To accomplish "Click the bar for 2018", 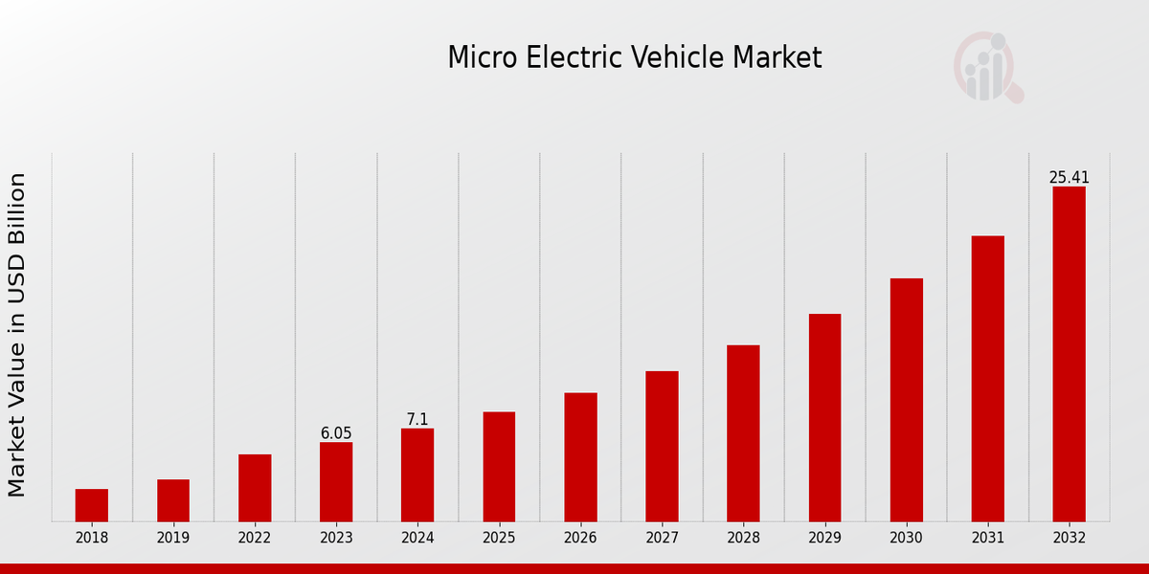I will (92, 505).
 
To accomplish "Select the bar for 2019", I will (173, 500).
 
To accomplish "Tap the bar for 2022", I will (255, 488).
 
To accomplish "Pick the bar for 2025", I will (499, 467).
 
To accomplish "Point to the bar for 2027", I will (662, 446).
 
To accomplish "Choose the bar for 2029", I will (824, 417).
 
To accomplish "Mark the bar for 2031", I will (987, 378).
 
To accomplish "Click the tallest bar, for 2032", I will (1069, 354).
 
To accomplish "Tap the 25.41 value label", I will (1069, 178).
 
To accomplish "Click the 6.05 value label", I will (336, 433).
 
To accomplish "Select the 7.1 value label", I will (417, 420).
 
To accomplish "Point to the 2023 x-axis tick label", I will (336, 538).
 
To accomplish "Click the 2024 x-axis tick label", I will (417, 538).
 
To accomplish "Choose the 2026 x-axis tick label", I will (580, 538).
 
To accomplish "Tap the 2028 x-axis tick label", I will (743, 538).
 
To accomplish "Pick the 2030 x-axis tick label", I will (906, 538).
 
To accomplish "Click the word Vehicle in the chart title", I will (684, 58).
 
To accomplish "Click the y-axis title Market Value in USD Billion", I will (17, 335).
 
